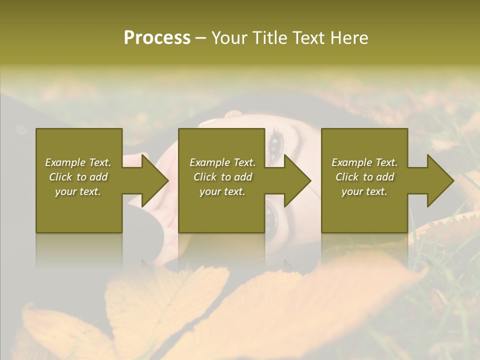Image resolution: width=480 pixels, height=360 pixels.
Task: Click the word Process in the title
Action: (x=157, y=38)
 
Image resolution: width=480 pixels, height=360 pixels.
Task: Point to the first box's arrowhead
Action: (x=152, y=180)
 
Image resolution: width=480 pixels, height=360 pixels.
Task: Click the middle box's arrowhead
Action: (x=295, y=180)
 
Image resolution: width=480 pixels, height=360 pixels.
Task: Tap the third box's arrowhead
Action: (x=438, y=180)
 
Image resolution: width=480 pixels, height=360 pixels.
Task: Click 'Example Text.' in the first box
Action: (x=78, y=162)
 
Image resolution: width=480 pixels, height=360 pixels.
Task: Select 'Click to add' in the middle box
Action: (x=222, y=177)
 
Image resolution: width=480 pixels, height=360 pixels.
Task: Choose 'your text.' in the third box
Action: (x=364, y=191)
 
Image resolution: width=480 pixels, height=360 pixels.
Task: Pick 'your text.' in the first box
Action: (x=78, y=191)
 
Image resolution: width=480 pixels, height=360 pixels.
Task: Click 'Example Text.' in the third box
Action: (x=364, y=162)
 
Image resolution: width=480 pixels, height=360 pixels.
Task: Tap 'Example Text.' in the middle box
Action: (x=222, y=162)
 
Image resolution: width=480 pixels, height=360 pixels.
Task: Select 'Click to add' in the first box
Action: (x=78, y=177)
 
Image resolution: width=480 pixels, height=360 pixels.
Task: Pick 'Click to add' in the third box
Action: (x=364, y=177)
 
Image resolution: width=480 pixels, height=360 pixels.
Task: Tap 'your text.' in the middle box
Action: (x=222, y=191)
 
